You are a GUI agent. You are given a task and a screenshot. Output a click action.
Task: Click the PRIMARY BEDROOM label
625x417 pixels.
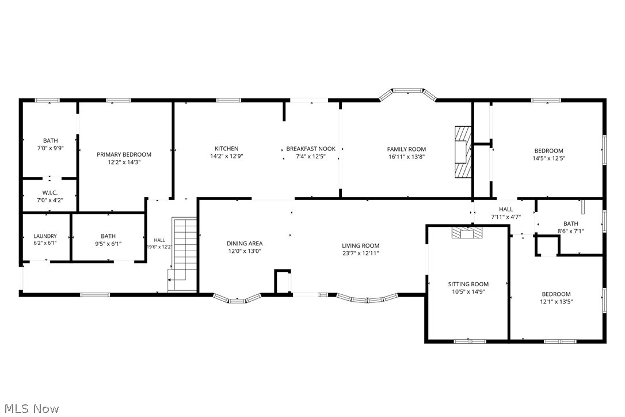click(124, 154)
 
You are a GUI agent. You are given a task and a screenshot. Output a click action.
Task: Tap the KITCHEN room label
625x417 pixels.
click(226, 149)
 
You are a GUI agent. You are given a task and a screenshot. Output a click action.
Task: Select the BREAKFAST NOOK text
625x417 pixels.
click(311, 149)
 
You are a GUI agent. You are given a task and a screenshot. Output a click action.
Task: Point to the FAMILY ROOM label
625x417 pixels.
click(406, 149)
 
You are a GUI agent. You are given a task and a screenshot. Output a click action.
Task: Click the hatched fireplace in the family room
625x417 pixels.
click(463, 152)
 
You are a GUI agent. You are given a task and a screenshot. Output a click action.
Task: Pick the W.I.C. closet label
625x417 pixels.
click(50, 193)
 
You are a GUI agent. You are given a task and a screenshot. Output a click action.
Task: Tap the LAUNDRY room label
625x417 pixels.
click(45, 236)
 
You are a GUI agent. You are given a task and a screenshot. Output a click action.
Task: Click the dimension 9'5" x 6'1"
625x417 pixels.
click(108, 244)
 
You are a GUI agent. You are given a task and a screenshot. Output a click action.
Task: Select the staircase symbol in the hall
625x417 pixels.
click(182, 255)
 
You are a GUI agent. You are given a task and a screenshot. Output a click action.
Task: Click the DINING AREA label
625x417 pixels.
click(245, 244)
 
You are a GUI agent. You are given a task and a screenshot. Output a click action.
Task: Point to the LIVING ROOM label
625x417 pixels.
click(361, 246)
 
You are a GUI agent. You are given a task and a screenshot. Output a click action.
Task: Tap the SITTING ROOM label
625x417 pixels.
click(468, 284)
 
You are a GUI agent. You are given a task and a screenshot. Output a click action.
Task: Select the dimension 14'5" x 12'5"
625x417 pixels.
click(549, 158)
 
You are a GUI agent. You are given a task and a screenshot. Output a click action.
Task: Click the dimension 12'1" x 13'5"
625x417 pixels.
click(556, 302)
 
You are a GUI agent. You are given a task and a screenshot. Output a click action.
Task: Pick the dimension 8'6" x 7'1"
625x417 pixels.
click(570, 231)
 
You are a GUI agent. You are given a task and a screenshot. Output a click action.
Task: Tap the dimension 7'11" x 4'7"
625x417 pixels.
click(506, 217)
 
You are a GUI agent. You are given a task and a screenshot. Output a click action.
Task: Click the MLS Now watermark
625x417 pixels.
click(32, 408)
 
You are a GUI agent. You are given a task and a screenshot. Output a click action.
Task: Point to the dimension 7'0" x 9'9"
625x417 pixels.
click(50, 147)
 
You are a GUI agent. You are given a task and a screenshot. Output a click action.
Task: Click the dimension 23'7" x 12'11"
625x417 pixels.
click(361, 253)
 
